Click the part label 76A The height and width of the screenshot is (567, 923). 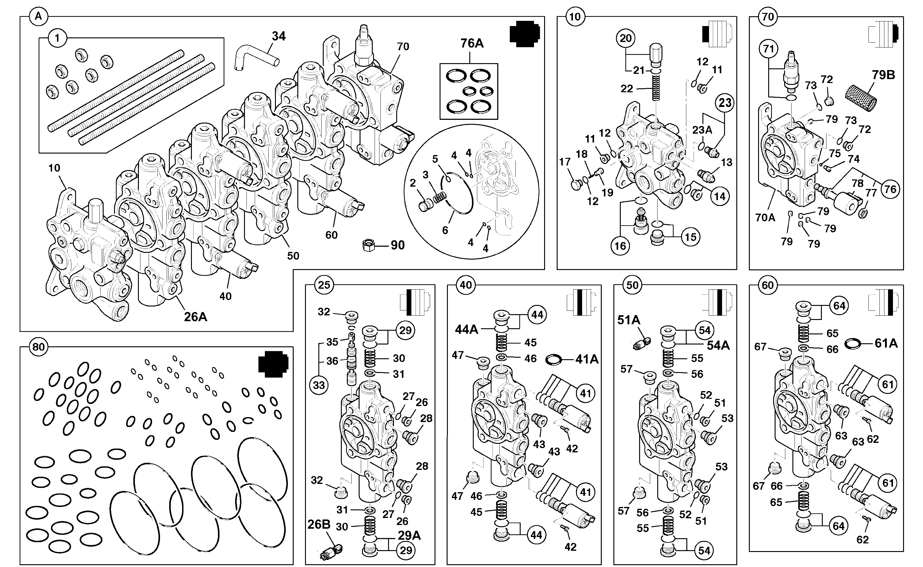[472, 44]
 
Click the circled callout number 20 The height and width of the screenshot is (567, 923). [626, 38]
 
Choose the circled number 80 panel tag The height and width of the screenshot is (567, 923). [39, 347]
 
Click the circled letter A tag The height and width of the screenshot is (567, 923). [38, 17]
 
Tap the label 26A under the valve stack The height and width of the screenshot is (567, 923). [195, 317]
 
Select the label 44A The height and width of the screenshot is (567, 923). [467, 329]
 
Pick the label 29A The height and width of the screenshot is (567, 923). [409, 535]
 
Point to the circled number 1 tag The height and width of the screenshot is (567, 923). [57, 38]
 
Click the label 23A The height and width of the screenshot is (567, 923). [702, 130]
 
